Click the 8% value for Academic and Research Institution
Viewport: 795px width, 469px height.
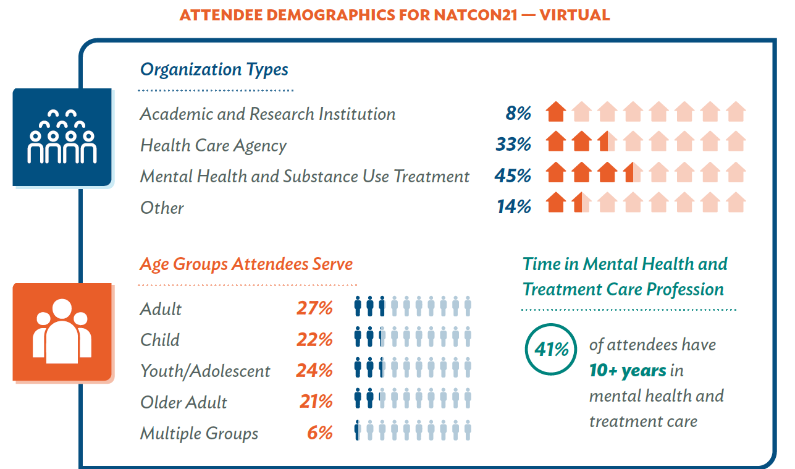click(x=518, y=114)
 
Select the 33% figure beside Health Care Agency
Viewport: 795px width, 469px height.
click(x=513, y=145)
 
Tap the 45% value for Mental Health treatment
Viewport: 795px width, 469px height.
click(x=513, y=176)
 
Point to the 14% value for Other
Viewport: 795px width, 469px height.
click(x=514, y=207)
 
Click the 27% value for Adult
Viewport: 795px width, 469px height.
click(x=314, y=308)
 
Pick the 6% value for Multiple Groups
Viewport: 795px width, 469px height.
click(x=320, y=433)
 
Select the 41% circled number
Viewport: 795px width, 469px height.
click(x=551, y=350)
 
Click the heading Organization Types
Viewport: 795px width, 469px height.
click(x=214, y=69)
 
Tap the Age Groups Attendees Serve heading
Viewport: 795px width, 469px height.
click(x=246, y=264)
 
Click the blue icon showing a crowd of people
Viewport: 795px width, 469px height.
click(x=62, y=137)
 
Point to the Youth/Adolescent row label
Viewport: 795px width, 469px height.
click(x=205, y=371)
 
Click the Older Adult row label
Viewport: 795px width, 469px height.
click(x=183, y=402)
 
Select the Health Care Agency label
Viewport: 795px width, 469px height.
click(x=213, y=145)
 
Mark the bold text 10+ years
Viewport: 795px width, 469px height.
click(x=628, y=371)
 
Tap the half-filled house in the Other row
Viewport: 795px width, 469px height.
click(x=581, y=203)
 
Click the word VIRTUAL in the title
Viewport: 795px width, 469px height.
click(x=574, y=15)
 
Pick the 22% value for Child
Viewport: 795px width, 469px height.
click(x=314, y=339)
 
